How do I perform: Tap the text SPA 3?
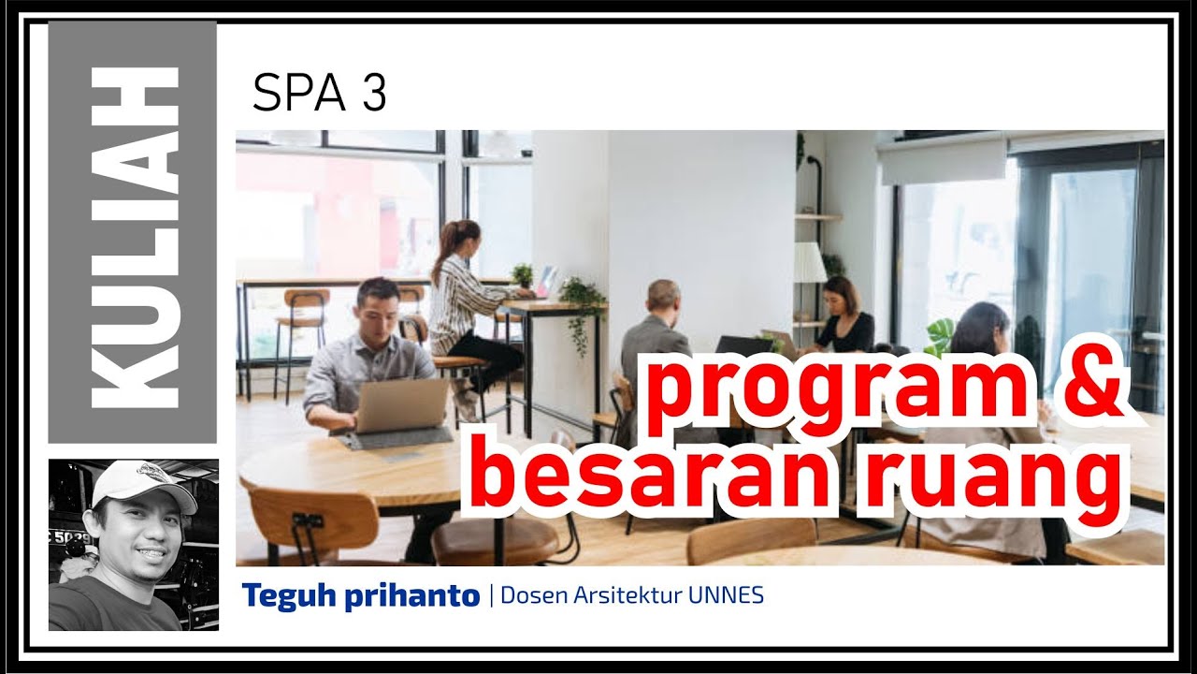point(319,94)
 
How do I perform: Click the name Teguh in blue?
point(281,595)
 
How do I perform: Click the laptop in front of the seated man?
point(403,405)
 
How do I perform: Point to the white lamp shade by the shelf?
point(810,263)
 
